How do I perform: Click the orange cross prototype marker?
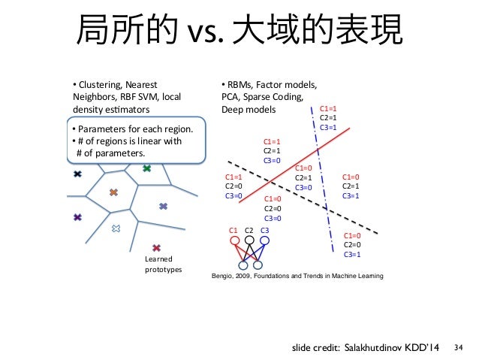(113, 193)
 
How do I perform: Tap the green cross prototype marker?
(147, 168)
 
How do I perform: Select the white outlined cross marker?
(116, 227)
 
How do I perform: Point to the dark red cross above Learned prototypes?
(156, 247)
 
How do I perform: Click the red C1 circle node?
(234, 242)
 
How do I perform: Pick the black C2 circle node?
(249, 242)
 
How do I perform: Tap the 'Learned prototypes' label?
(162, 264)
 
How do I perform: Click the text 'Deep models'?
(249, 109)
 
